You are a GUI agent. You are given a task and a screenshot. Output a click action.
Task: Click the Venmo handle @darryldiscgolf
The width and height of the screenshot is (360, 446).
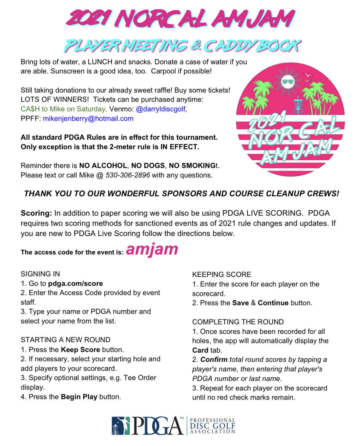[161, 109]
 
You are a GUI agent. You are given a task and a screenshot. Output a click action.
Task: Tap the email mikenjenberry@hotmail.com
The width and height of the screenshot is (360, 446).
[88, 119]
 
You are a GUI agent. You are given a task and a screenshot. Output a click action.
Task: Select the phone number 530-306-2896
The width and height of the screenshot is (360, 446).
[128, 175]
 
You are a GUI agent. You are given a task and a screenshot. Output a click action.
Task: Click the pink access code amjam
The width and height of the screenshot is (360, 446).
[152, 249]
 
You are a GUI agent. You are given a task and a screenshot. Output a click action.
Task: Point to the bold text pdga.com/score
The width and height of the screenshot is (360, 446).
[75, 283]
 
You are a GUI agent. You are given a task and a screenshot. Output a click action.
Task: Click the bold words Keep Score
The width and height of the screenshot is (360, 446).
[80, 350]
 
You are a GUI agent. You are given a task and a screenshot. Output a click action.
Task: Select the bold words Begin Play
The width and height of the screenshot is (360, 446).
[79, 397]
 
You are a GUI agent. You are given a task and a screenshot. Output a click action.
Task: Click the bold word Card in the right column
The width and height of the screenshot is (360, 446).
[200, 350]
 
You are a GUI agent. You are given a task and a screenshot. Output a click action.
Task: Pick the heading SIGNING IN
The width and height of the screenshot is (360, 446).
[40, 274]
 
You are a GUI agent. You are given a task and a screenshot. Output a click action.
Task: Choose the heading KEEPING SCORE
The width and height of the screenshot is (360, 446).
[222, 274]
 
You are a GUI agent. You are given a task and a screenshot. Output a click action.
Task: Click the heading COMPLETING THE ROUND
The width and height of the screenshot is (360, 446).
[238, 322]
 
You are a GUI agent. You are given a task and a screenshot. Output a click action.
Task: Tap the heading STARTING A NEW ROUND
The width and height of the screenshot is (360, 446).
[66, 340]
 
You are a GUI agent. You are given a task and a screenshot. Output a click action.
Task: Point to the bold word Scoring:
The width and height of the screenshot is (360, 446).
[36, 213]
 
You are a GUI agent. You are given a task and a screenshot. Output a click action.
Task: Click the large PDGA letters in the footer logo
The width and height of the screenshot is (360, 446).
[158, 426]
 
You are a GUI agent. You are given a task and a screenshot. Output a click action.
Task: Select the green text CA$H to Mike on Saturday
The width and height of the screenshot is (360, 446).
[64, 109]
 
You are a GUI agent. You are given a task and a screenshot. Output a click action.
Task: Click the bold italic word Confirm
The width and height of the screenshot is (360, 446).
[214, 360]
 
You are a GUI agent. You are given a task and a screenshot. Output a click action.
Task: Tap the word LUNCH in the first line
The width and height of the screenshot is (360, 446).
[100, 62]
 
